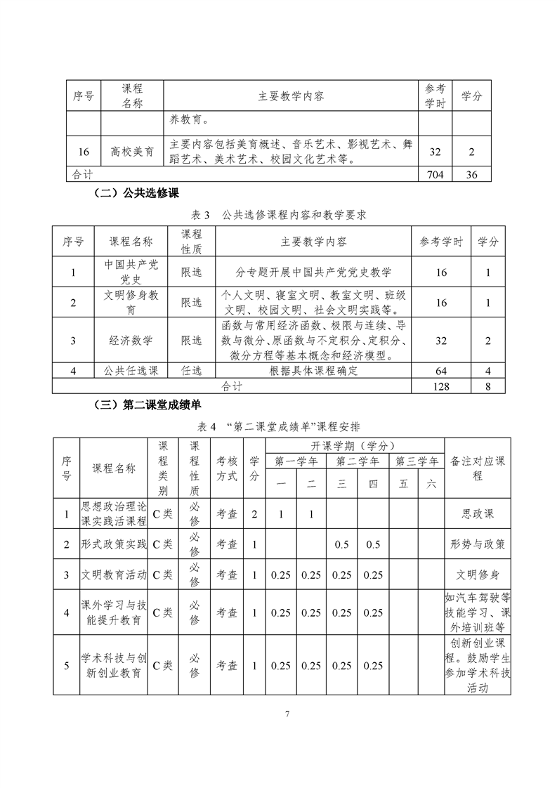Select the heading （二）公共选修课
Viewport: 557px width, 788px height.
click(x=139, y=193)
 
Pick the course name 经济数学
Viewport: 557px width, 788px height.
click(x=131, y=341)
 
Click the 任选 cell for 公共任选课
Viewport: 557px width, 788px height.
click(x=191, y=371)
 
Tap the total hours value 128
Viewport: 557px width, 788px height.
click(x=441, y=386)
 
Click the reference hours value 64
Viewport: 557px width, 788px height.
click(x=441, y=371)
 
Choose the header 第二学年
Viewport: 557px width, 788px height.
click(x=358, y=461)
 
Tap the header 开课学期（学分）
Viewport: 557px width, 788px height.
click(x=355, y=445)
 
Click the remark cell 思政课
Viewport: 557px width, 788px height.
click(x=478, y=514)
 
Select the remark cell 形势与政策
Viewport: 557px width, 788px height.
click(x=478, y=544)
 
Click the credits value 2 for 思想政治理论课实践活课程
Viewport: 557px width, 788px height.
click(x=254, y=514)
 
